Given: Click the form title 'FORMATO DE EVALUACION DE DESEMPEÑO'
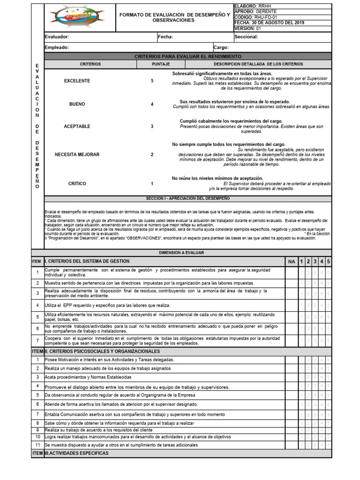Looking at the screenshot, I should point(175,15).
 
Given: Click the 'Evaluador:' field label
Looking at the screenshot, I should point(57,37).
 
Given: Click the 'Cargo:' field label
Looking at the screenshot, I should point(221,47).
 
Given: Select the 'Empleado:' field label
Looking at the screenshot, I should point(57,47).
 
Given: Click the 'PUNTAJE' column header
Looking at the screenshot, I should point(161,64).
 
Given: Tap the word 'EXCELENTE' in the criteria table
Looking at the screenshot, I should point(77,81).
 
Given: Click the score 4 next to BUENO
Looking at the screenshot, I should point(152,104).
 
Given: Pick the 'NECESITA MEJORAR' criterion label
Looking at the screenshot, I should point(77,154).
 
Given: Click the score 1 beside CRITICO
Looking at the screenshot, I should point(152,184).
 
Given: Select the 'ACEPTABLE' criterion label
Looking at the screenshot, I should point(77,127).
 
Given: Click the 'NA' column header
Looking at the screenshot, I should point(291,261).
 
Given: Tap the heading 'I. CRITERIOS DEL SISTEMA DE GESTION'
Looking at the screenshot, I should point(87,261).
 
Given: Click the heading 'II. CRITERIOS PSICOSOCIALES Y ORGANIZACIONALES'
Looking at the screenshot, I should point(102,351).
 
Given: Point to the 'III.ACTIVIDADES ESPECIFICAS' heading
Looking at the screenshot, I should point(76,453).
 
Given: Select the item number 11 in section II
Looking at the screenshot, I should point(37,444).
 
